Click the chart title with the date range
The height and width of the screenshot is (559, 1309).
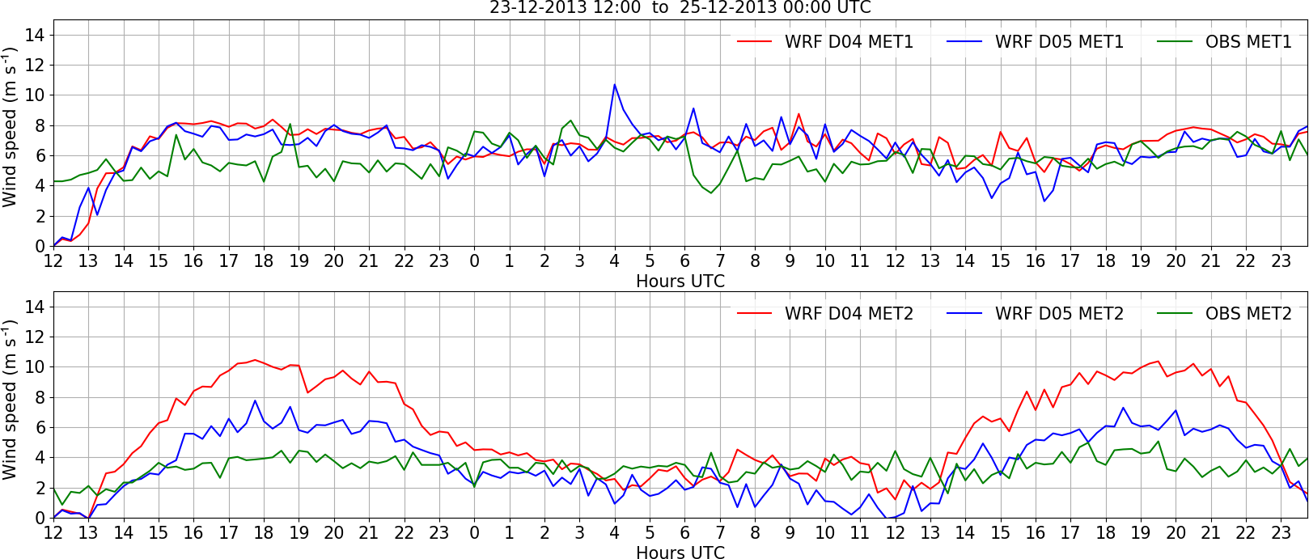coord(680,8)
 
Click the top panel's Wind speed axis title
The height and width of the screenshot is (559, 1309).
coord(10,128)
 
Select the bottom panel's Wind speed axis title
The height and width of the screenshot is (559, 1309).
coord(10,400)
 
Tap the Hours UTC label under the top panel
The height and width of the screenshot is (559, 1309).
coord(680,282)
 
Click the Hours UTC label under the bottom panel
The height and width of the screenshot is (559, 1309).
coord(680,553)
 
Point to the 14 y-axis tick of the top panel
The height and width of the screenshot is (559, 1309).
coord(35,35)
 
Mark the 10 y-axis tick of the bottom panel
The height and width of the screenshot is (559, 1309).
coord(35,367)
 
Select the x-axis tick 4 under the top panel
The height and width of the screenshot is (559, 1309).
coord(615,261)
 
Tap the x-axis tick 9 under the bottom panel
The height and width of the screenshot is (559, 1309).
coord(790,533)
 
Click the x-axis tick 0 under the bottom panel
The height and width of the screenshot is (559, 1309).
coord(474,533)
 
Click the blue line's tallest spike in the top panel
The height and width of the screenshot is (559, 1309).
coord(615,84)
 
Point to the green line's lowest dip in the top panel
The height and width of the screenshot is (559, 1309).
coord(711,193)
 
